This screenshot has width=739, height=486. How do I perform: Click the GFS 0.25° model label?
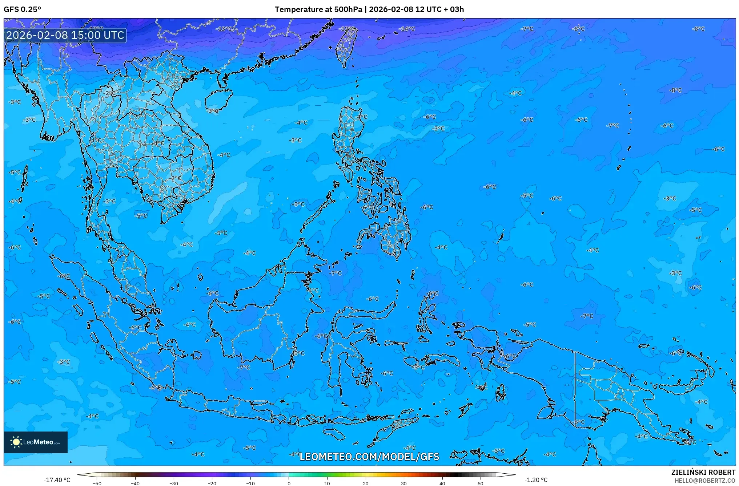tap(22, 9)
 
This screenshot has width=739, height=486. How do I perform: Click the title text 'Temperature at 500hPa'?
tap(318, 9)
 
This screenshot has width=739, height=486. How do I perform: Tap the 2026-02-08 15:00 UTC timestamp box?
tap(65, 35)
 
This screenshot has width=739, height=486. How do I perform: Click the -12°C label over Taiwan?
tap(347, 29)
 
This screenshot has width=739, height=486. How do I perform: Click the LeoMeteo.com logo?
tap(36, 442)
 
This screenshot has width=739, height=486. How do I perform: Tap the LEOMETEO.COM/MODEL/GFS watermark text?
tap(369, 457)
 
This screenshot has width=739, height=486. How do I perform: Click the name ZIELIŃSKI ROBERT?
tap(703, 472)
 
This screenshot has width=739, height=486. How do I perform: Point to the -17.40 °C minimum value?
tap(57, 480)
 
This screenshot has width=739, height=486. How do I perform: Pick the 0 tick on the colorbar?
tap(289, 483)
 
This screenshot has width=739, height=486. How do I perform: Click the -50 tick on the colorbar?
tap(97, 483)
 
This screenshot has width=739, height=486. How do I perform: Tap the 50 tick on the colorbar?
tap(481, 483)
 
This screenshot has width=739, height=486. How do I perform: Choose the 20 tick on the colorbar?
tap(365, 483)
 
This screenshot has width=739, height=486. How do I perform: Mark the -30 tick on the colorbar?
tap(174, 483)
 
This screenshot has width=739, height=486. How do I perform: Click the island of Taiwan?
tap(345, 47)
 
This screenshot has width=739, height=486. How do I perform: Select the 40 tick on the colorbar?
tap(442, 483)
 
